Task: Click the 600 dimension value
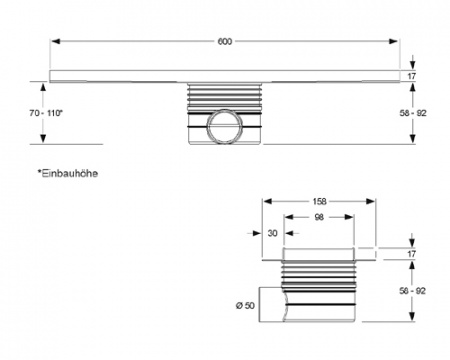click(x=225, y=40)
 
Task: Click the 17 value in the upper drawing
click(x=411, y=77)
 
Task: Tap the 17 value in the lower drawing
click(x=411, y=254)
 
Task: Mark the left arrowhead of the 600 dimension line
click(x=55, y=41)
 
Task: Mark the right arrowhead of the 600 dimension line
click(x=397, y=41)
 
